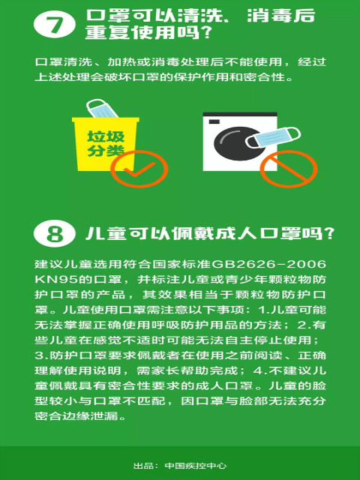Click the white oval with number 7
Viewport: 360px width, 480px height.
(55, 25)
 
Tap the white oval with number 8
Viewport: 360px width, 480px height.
(55, 233)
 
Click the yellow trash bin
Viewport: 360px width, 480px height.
(104, 144)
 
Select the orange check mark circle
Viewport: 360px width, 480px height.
(139, 169)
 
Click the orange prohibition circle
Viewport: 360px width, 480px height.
(289, 169)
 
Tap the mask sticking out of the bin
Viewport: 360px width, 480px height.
(101, 109)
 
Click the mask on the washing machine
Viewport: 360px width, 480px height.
(273, 137)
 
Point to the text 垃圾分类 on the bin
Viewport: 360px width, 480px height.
(106, 143)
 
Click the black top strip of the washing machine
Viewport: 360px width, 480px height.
(240, 114)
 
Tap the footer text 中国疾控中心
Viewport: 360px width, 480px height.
(196, 466)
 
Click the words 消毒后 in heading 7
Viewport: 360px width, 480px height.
(281, 15)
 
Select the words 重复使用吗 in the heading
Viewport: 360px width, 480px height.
(142, 32)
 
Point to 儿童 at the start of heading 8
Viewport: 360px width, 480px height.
(106, 233)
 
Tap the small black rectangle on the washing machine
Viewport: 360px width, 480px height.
(214, 121)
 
